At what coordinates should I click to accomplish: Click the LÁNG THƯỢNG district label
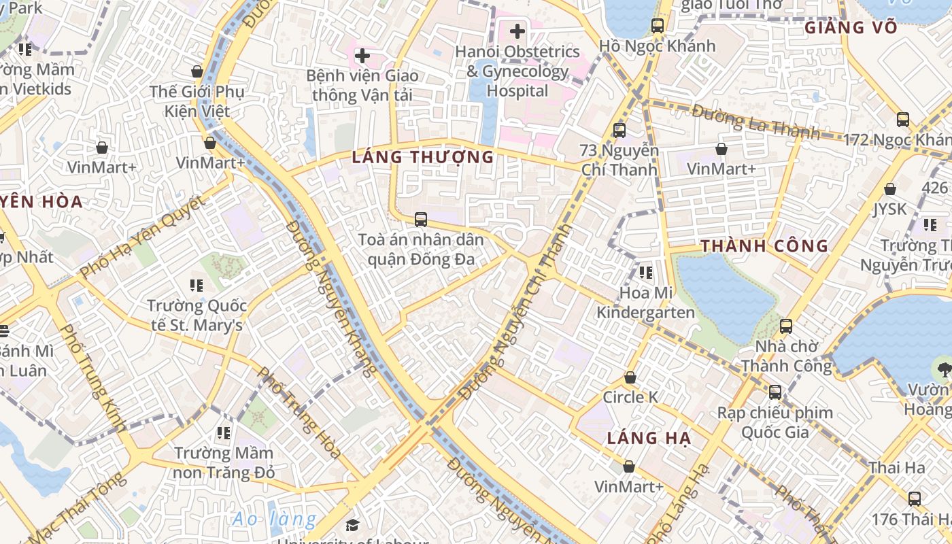(422, 157)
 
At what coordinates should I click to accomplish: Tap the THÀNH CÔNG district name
(764, 246)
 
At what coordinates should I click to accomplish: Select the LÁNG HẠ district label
(649, 439)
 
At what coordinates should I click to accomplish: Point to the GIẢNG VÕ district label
(851, 28)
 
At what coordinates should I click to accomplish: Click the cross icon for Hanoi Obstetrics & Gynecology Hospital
(517, 31)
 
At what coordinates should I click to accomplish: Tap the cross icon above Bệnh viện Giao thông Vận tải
(362, 55)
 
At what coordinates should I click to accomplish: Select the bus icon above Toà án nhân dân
(421, 220)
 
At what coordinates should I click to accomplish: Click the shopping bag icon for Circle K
(630, 377)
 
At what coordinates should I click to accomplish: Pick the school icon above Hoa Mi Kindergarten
(645, 273)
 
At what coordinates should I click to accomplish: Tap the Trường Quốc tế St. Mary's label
(197, 316)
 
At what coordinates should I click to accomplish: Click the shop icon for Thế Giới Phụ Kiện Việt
(197, 71)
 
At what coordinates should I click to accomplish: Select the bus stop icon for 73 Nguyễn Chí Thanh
(619, 130)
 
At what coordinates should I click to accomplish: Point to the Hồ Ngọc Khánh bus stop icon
(657, 26)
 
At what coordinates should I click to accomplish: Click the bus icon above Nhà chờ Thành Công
(786, 326)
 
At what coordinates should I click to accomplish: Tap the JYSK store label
(890, 209)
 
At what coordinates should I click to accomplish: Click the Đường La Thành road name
(755, 120)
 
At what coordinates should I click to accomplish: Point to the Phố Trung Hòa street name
(299, 413)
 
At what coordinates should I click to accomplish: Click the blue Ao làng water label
(274, 520)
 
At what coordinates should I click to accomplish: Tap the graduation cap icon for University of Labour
(352, 525)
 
